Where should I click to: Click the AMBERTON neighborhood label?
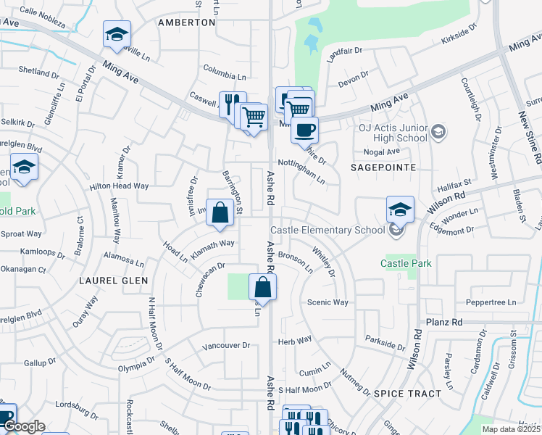pos(187,22)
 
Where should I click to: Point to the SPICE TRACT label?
pos(407,394)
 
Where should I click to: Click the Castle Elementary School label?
pos(328,231)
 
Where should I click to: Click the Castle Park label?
pos(406,263)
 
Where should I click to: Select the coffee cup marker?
pos(304,130)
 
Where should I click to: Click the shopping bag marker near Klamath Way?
pos(220,213)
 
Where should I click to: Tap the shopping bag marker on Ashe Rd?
pos(262,287)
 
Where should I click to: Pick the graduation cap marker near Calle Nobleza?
pos(116,34)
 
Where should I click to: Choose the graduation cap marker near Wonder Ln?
pos(400,210)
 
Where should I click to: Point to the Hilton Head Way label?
pos(119,186)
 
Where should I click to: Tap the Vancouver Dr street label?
pos(226,346)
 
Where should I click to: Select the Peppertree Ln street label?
pos(491,302)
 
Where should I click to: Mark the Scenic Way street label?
pos(328,302)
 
